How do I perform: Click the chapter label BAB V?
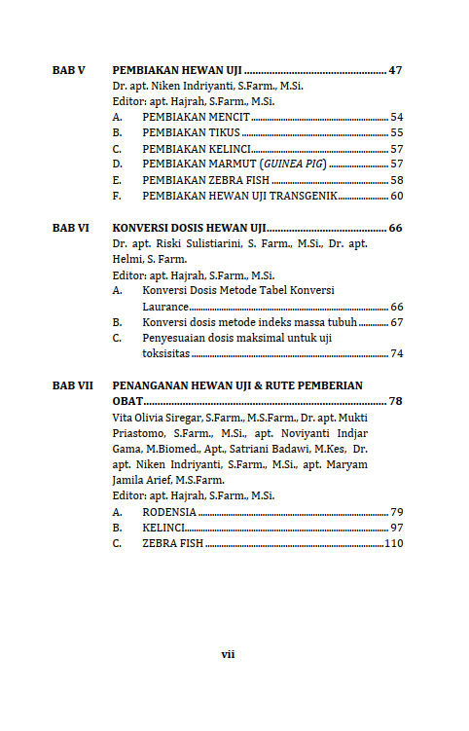point(69,71)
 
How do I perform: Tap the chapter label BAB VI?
point(71,228)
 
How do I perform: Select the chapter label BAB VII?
point(73,385)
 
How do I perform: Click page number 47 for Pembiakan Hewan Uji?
point(395,71)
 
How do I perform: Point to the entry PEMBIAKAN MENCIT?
point(196,117)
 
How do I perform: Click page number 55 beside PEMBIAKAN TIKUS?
point(396,132)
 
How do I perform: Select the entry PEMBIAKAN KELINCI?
point(197,149)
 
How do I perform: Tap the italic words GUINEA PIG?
point(292,164)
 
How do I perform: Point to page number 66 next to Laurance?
point(396,307)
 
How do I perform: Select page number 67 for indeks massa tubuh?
point(396,322)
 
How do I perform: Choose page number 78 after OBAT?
point(395,401)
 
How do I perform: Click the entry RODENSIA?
point(169,511)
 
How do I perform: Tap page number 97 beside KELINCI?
point(396,527)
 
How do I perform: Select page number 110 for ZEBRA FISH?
point(393,543)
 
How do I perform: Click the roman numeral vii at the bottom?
point(228,654)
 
